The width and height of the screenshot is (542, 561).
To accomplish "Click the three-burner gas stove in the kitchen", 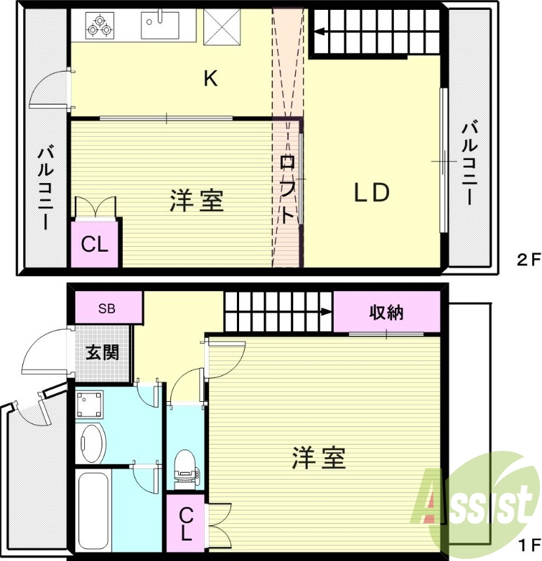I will tap(98, 26).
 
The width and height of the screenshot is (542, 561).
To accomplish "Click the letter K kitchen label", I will tap(210, 79).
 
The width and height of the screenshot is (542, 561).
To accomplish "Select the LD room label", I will tap(371, 194).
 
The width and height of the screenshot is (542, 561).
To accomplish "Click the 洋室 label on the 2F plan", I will tap(197, 201).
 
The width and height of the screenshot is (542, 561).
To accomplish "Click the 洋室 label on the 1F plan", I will tap(319, 459).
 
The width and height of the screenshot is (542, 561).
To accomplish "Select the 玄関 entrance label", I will tap(102, 353).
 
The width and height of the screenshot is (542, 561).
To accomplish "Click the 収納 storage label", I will tap(386, 313).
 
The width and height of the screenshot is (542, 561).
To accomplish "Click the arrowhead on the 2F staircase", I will tap(318, 31).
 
